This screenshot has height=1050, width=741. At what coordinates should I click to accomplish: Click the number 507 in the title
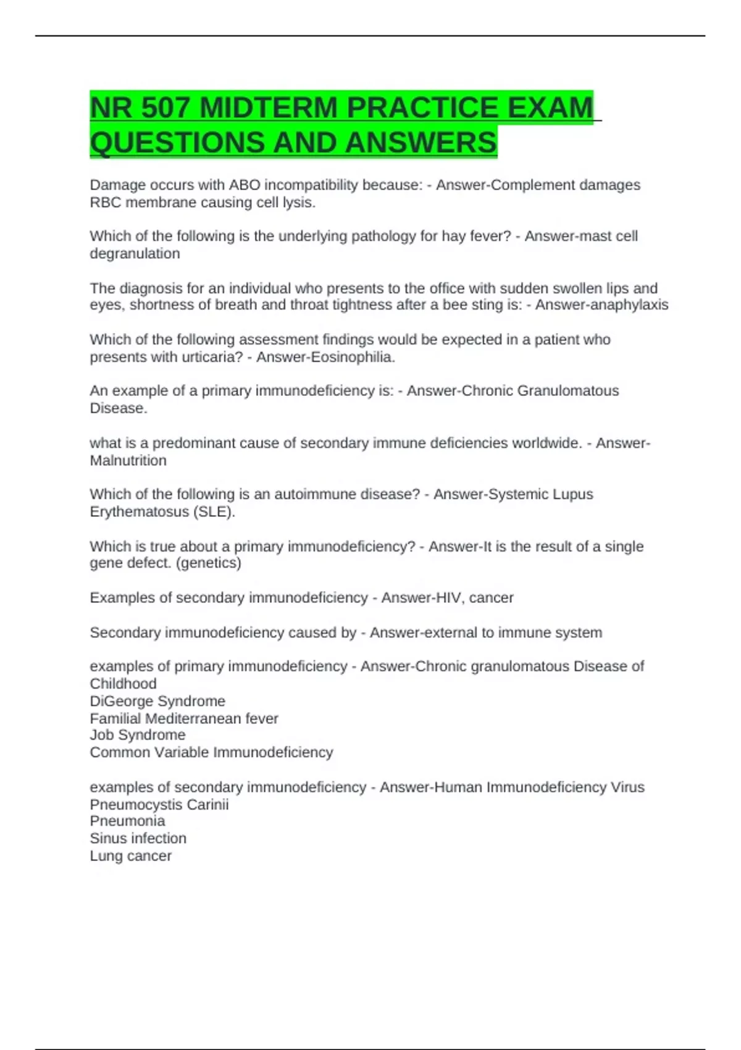(x=165, y=108)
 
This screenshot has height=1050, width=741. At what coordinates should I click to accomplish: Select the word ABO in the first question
(x=245, y=185)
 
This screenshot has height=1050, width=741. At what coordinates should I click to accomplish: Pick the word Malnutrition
(x=128, y=460)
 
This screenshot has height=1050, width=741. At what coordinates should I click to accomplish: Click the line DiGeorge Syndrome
(x=157, y=701)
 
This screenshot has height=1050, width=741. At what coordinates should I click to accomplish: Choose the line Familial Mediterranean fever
(x=184, y=718)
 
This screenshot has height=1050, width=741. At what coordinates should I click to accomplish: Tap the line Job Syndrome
(x=138, y=735)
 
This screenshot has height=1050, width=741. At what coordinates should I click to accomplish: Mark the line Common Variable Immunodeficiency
(x=211, y=752)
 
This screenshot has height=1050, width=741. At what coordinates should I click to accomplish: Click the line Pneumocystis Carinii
(x=159, y=804)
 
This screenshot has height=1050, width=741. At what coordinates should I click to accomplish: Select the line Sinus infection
(x=138, y=838)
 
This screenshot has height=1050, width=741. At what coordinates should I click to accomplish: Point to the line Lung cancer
(x=130, y=855)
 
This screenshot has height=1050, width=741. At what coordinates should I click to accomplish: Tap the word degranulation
(x=135, y=253)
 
